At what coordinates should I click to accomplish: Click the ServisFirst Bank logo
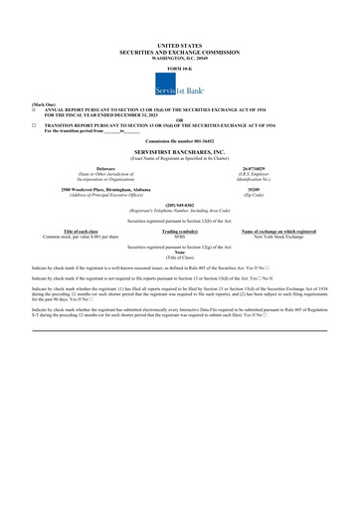(179, 85)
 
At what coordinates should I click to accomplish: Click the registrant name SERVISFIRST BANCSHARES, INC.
(180, 155)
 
